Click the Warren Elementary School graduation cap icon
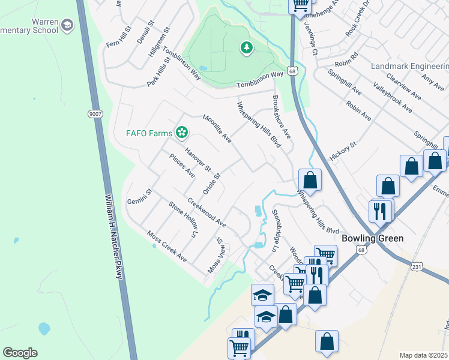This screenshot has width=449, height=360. [x=67, y=25]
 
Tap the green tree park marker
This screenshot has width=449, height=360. [x=246, y=48]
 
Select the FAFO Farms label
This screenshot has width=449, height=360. [x=149, y=133]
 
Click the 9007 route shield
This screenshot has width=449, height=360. [x=95, y=114]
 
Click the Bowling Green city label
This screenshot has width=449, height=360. [x=372, y=238]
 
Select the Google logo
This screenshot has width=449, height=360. [x=20, y=353]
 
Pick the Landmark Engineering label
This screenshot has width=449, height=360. [x=410, y=65]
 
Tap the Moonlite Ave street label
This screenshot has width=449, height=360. [x=217, y=128]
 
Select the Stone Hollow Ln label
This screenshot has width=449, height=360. [x=183, y=220]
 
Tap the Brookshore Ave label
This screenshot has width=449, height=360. [x=281, y=116]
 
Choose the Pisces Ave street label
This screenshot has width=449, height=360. [x=182, y=166]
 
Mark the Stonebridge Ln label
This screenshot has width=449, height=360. [x=276, y=230]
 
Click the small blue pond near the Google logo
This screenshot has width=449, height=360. [x=43, y=329]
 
